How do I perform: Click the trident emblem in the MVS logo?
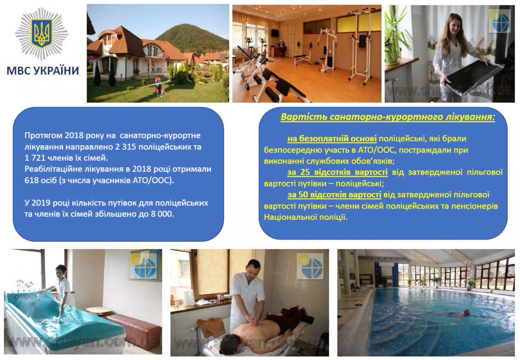(x=42, y=33)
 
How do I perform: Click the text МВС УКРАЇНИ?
(x=43, y=71)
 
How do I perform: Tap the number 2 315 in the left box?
(x=127, y=147)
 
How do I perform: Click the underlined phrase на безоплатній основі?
(x=332, y=139)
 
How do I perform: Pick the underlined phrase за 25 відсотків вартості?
(x=338, y=172)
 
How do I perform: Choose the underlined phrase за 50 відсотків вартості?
(x=334, y=194)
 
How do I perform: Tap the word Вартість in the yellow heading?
(x=304, y=117)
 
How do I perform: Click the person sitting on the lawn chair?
(x=158, y=88)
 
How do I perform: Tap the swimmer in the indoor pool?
(x=467, y=315)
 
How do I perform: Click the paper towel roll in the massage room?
(x=188, y=298)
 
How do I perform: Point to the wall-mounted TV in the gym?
(x=275, y=33)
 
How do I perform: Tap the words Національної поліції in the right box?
(x=306, y=217)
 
